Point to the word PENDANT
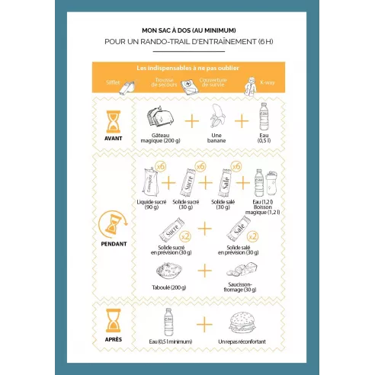112,245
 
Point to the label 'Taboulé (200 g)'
168,289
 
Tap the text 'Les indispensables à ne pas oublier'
187,68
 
